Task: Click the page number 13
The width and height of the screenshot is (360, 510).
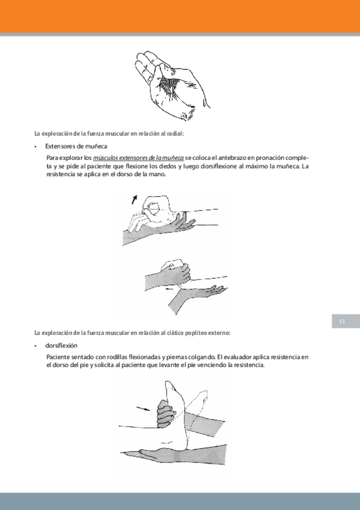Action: point(342,321)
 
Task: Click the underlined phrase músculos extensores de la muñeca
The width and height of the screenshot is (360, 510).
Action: point(138,158)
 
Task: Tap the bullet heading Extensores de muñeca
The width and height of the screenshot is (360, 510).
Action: point(76,146)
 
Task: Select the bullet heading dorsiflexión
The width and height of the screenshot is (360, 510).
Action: point(61,345)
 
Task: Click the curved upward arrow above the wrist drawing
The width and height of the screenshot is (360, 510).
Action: point(135,200)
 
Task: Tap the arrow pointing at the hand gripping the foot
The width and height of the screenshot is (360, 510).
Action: point(143,408)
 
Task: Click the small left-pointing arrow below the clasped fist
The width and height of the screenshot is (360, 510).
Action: point(169,288)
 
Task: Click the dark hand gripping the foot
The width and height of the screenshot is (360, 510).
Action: point(166,413)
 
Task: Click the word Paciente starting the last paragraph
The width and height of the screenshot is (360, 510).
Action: point(58,357)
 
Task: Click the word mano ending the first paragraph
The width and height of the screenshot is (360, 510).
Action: point(159,174)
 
